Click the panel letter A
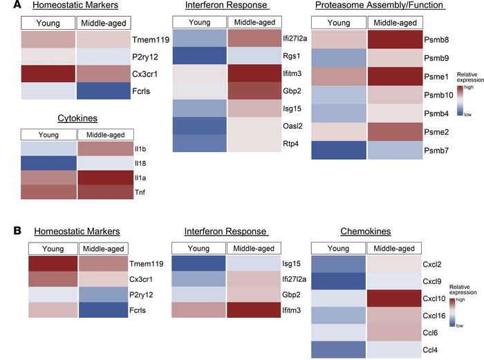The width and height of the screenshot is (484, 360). pyautogui.click(x=7, y=6)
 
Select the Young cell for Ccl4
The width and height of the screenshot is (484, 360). pyautogui.click(x=338, y=350)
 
